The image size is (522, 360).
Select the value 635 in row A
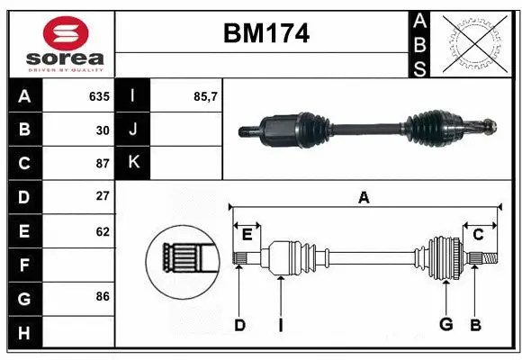[99, 95]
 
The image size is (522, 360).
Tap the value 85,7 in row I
[207, 95]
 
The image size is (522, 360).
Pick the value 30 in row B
[103, 130]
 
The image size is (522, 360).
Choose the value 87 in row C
[103, 163]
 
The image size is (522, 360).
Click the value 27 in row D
[103, 196]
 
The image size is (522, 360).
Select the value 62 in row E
[103, 230]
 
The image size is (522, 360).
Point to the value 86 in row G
[103, 296]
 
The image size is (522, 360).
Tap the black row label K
[133, 163]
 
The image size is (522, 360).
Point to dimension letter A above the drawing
[364, 197]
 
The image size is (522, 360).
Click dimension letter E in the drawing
[247, 234]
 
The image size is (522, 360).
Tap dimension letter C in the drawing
[479, 234]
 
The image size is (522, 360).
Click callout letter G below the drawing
[445, 325]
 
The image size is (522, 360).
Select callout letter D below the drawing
[239, 325]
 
